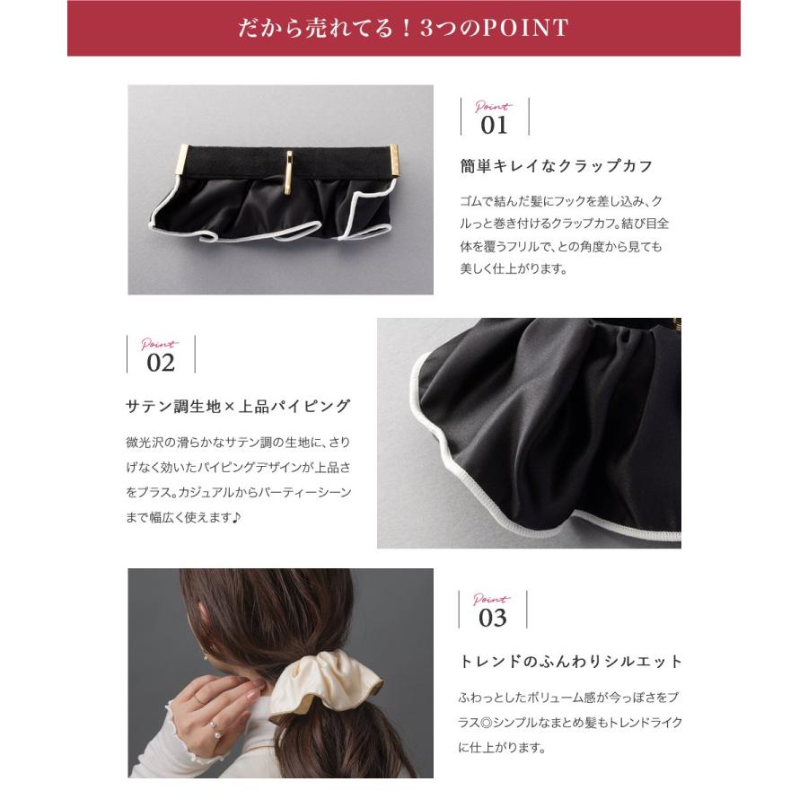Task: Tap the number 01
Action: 494,125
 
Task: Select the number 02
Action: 161,363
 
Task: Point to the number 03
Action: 492,618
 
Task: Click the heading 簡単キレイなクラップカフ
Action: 556,166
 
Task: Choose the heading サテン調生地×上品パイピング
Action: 238,406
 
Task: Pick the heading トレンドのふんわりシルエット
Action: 571,662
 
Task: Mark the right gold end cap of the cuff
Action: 395,163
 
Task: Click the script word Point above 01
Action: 493,106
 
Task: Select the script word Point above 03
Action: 491,600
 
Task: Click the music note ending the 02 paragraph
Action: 237,518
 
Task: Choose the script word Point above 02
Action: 160,344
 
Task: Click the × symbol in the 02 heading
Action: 229,407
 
